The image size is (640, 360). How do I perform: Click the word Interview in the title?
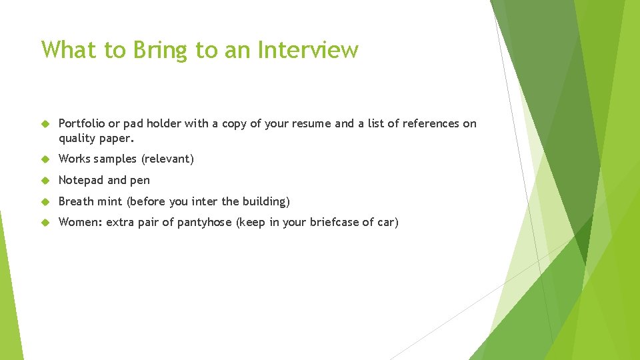[308, 50]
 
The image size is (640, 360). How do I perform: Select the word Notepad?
[81, 180]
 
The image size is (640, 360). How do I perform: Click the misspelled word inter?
[205, 201]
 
